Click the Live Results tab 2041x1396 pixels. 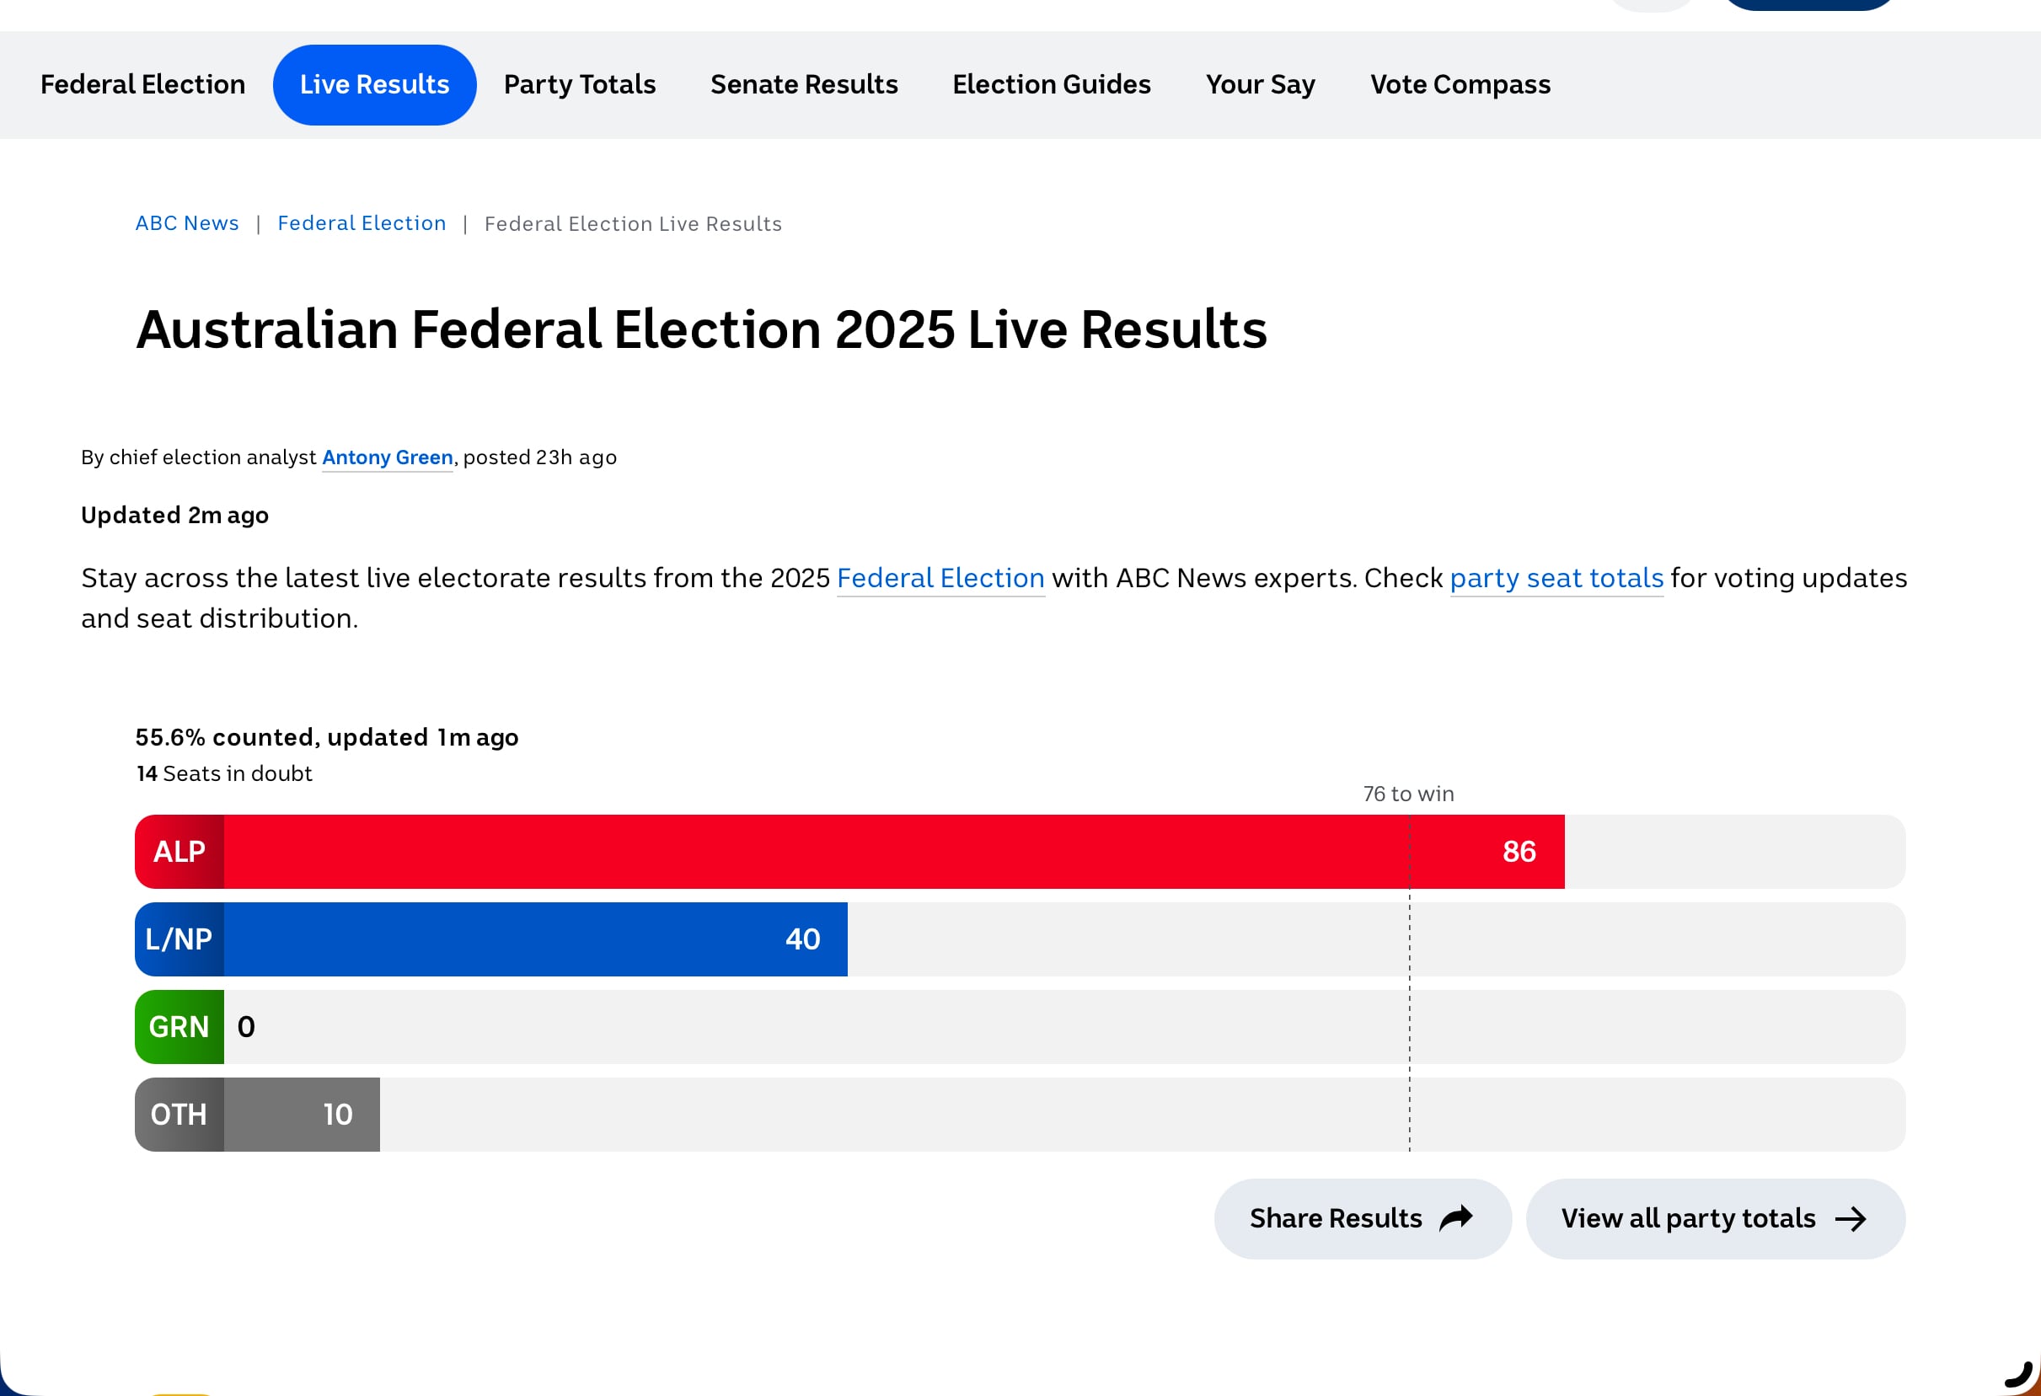pos(374,84)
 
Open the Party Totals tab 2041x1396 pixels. pos(580,84)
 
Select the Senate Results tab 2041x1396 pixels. pos(804,84)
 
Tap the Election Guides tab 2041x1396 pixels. pos(1051,84)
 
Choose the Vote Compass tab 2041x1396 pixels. pos(1460,84)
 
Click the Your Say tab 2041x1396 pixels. pos(1261,84)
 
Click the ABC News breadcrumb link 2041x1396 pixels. pos(187,223)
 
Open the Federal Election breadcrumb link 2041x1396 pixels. pos(362,223)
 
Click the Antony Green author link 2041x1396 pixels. pos(388,457)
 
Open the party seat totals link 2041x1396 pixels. pos(1556,578)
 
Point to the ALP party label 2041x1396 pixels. pos(179,852)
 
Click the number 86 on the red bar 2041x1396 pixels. pos(1519,852)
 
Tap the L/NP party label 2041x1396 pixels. pos(179,939)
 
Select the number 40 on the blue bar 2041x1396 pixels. pos(803,939)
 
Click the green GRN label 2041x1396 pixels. pos(179,1027)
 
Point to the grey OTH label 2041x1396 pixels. pos(179,1115)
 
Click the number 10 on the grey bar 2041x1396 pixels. pos(338,1115)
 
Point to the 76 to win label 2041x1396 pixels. pos(1409,794)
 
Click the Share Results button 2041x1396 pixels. pos(1363,1218)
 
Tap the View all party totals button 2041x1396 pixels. pos(1715,1218)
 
